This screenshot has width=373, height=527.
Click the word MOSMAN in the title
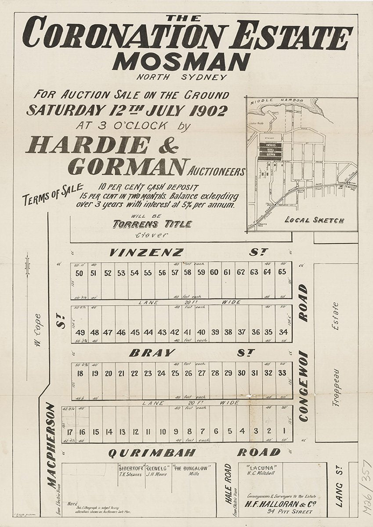click(181, 62)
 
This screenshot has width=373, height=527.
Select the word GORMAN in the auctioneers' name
click(126, 167)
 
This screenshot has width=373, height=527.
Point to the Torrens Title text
click(152, 224)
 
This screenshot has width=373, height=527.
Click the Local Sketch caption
click(315, 220)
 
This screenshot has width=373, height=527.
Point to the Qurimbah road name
click(145, 452)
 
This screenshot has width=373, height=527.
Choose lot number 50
click(80, 273)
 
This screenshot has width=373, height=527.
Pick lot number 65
click(282, 272)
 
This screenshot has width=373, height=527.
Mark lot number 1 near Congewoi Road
click(285, 431)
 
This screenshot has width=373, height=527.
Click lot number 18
click(80, 373)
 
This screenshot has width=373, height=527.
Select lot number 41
click(188, 332)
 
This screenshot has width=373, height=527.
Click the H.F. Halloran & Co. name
click(275, 504)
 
